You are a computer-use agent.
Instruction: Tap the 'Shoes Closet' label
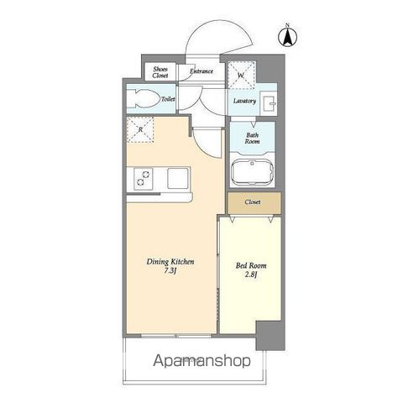click(160, 72)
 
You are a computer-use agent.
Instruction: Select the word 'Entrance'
click(201, 71)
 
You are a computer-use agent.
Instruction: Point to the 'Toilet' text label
click(168, 99)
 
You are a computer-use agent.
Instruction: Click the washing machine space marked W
click(241, 75)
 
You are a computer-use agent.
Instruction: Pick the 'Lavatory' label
click(244, 101)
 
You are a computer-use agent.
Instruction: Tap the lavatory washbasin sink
click(269, 103)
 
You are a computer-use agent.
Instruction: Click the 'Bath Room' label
click(252, 138)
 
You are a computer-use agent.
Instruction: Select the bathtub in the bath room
click(252, 172)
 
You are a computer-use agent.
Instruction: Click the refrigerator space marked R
click(139, 129)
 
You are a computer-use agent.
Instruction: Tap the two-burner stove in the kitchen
click(143, 179)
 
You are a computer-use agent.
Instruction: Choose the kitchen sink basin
click(178, 178)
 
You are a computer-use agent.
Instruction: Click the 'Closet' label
click(253, 201)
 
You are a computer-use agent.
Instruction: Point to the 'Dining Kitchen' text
click(170, 262)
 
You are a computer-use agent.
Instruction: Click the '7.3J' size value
click(170, 271)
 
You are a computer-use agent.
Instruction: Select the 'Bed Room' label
click(251, 265)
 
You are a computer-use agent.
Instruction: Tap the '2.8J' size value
click(251, 275)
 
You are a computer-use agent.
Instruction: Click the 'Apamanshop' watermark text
click(201, 361)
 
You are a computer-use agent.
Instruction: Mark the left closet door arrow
click(232, 220)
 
